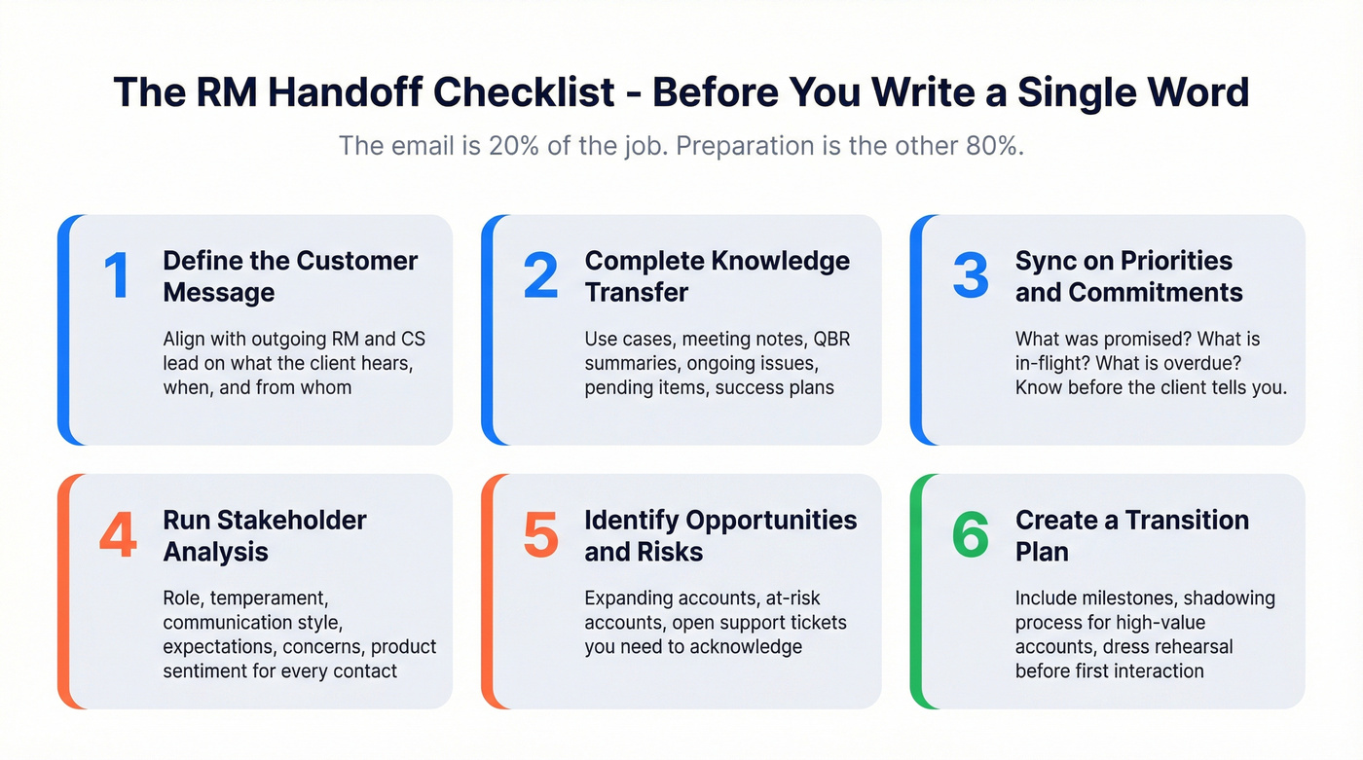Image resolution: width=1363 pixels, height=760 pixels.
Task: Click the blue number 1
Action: point(117,275)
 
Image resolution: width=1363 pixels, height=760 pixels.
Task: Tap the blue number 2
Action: point(540,275)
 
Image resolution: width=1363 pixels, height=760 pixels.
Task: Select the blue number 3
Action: point(970,275)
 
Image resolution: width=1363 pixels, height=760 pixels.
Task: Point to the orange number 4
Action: point(118,535)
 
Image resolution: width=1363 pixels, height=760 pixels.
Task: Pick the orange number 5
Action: point(540,535)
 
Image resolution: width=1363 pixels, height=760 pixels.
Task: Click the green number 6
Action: point(970,535)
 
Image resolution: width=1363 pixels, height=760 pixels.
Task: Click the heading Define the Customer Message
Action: point(290,276)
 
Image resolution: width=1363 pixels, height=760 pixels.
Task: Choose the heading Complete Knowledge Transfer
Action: point(717,276)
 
